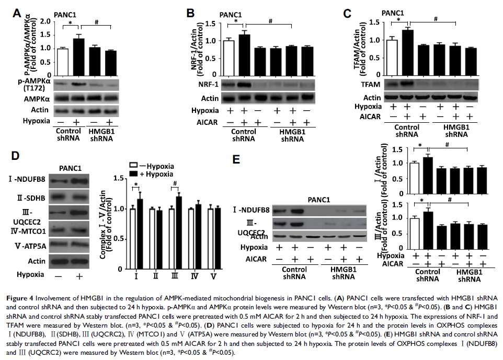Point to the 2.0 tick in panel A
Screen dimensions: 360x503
coord(50,21)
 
